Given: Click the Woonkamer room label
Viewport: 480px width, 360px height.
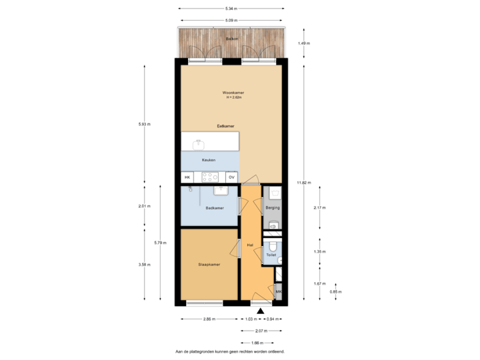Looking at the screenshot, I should click(232, 92).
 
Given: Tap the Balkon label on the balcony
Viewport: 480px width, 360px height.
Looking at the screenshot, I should click(232, 39).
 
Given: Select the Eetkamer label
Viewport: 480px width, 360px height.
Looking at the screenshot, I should click(225, 125).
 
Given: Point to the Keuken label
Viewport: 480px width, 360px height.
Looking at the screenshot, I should click(209, 160).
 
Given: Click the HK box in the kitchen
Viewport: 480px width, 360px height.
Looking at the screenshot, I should click(187, 177).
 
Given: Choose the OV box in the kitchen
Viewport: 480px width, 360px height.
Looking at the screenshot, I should click(231, 177).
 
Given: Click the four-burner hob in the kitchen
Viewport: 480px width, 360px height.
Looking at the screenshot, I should click(210, 177).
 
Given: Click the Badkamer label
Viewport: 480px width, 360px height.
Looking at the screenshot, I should click(214, 208).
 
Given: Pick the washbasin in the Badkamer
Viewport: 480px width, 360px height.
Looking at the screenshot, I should click(225, 191).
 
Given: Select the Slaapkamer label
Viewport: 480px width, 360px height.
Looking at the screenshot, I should click(209, 265).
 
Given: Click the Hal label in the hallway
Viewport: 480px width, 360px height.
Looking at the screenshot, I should click(250, 245).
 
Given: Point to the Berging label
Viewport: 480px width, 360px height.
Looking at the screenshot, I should click(272, 208).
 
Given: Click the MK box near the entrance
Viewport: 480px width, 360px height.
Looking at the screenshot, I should click(279, 292).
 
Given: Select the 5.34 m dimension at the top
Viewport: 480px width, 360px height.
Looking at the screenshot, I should click(231, 9).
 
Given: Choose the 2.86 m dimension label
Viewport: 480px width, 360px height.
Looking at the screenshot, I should click(209, 319).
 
